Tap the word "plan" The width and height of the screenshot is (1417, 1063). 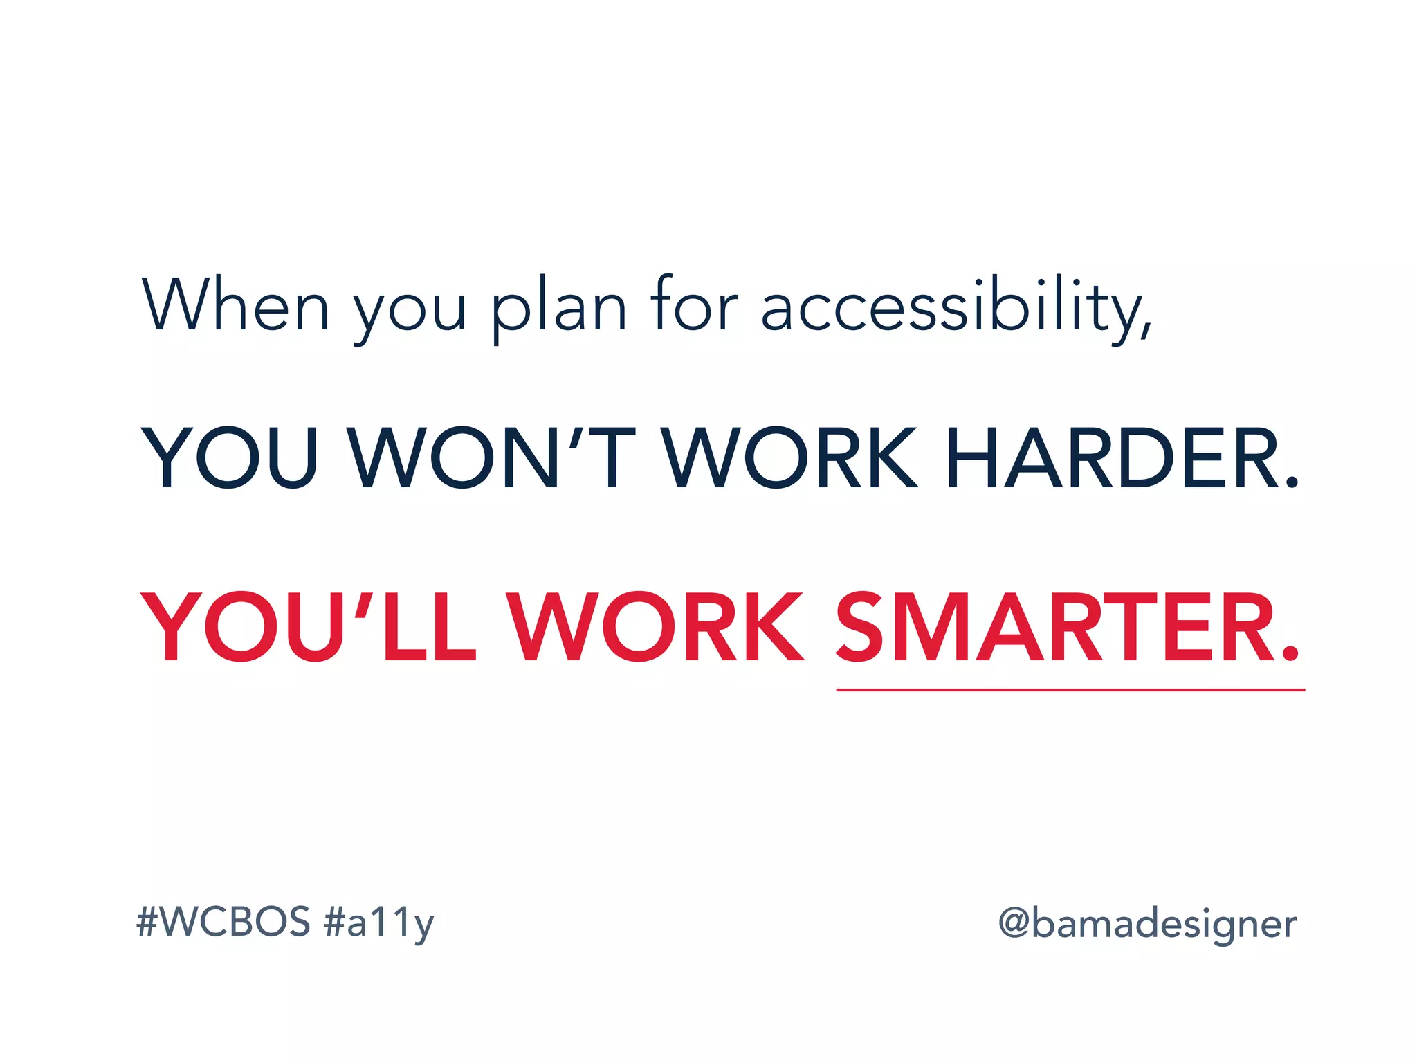pyautogui.click(x=558, y=308)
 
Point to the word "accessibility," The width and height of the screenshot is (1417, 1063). pyautogui.click(x=957, y=308)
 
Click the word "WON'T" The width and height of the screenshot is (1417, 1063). pyautogui.click(x=492, y=458)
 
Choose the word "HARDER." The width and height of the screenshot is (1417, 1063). pyautogui.click(x=1122, y=458)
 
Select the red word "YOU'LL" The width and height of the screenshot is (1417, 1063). pyautogui.click(x=309, y=627)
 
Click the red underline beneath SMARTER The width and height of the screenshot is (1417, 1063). pyautogui.click(x=1070, y=690)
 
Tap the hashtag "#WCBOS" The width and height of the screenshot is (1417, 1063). pyautogui.click(x=223, y=922)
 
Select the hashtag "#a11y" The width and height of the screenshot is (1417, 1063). pyautogui.click(x=379, y=923)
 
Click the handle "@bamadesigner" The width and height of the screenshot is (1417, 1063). pyautogui.click(x=1147, y=924)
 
